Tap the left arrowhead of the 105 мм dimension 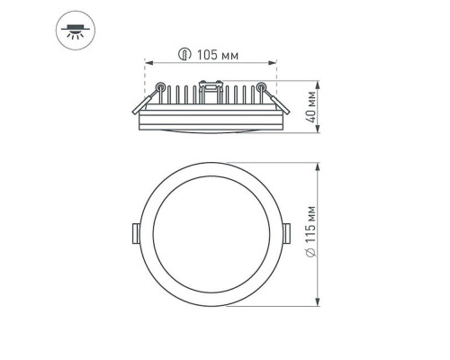148,64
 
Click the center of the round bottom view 211,234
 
